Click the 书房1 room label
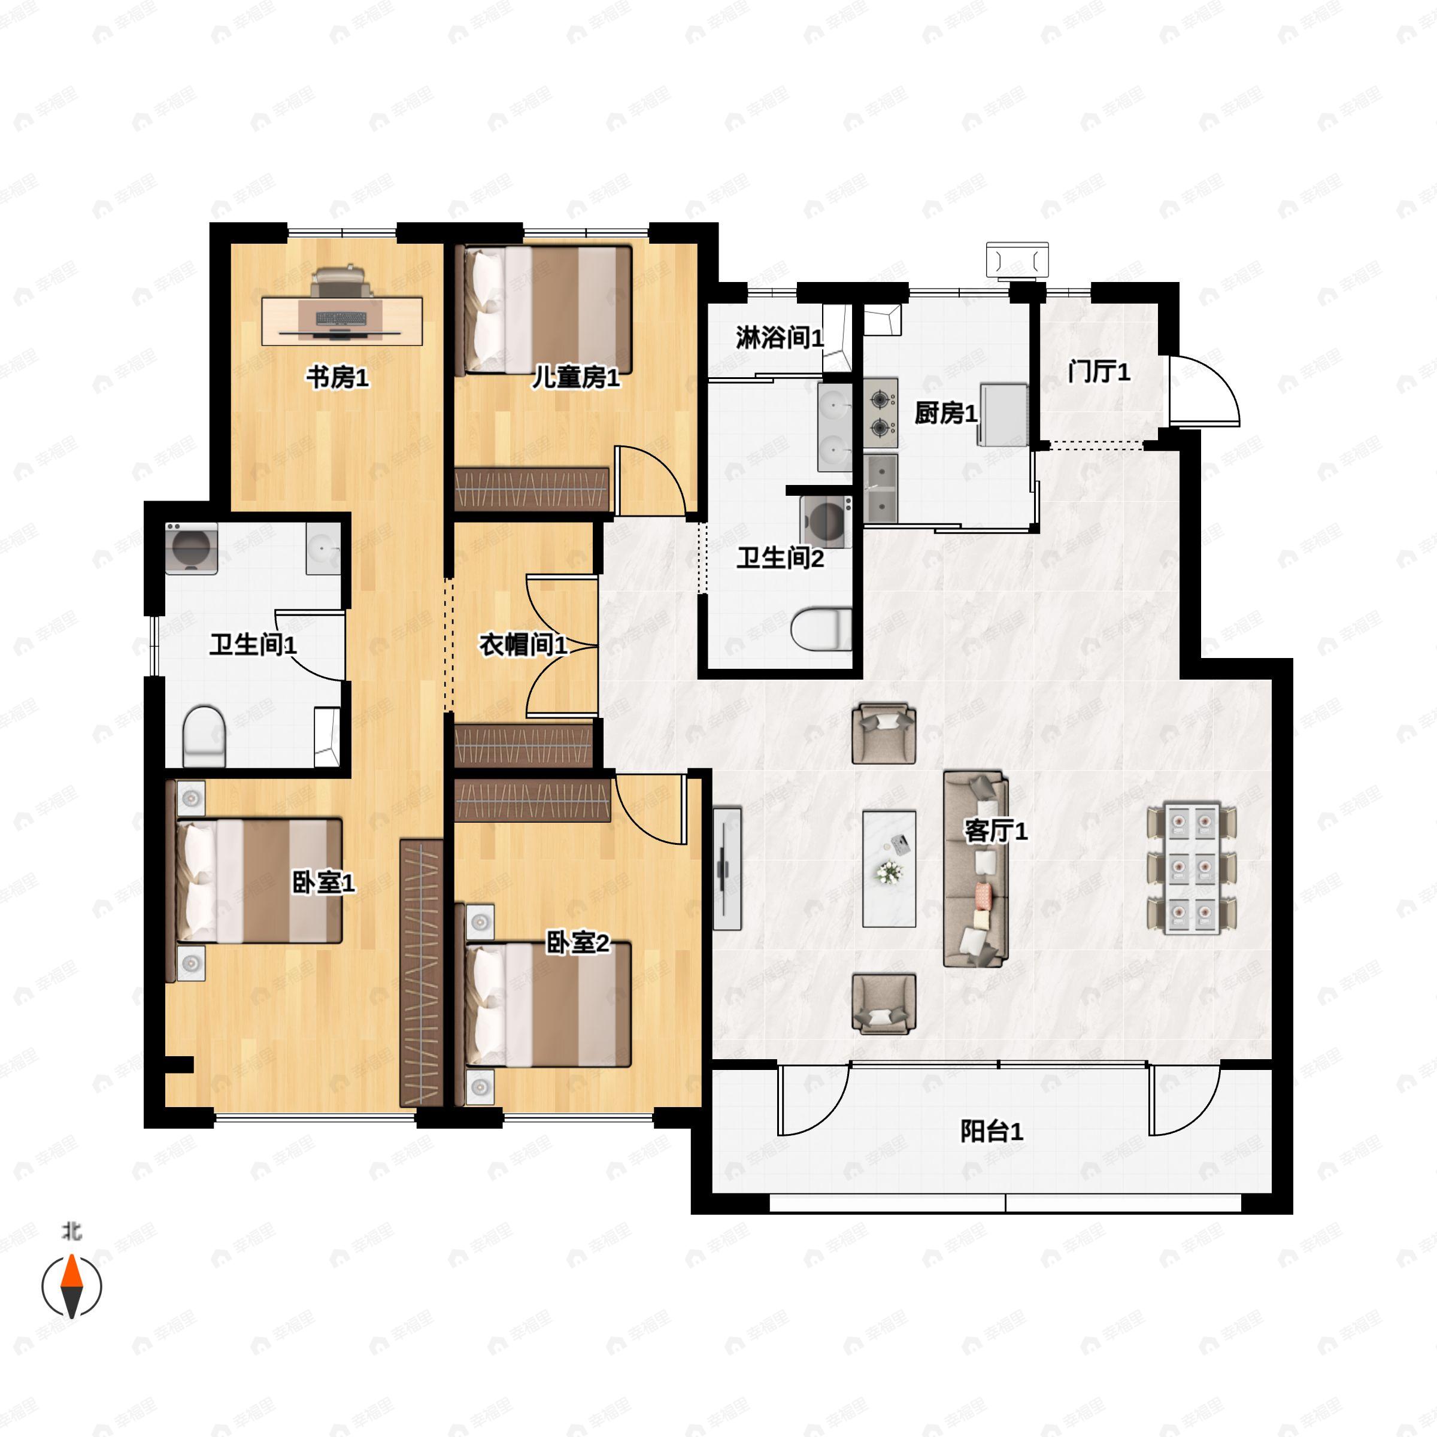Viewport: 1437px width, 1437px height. pyautogui.click(x=338, y=378)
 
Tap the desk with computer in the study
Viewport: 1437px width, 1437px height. pyautogui.click(x=342, y=320)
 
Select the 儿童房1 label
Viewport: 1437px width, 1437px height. pyautogui.click(x=575, y=378)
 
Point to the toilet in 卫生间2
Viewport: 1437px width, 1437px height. pyautogui.click(x=821, y=629)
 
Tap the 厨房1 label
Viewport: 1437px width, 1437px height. pyautogui.click(x=945, y=414)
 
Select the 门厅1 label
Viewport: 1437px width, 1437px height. pyautogui.click(x=1099, y=371)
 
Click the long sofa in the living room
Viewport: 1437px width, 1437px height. pyautogui.click(x=976, y=869)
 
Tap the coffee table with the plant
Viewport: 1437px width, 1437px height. pyautogui.click(x=889, y=869)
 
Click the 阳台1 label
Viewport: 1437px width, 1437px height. pyautogui.click(x=992, y=1131)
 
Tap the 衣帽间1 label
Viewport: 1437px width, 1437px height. pyautogui.click(x=523, y=644)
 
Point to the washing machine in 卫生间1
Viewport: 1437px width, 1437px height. pyautogui.click(x=192, y=548)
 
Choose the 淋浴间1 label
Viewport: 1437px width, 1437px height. pyautogui.click(x=780, y=338)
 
